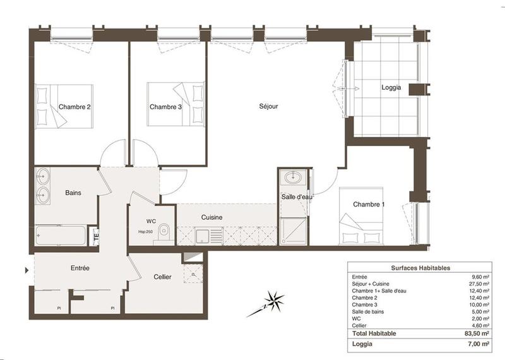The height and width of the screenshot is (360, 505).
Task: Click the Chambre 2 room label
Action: click(75, 107)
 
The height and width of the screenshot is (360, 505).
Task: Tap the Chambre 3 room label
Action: click(165, 107)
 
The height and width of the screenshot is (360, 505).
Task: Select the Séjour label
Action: click(268, 106)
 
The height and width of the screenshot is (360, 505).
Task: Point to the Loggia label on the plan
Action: click(391, 88)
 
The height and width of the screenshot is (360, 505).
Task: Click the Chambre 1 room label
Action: click(368, 204)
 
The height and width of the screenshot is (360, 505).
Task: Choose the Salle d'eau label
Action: click(297, 197)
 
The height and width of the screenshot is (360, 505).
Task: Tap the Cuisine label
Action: click(211, 217)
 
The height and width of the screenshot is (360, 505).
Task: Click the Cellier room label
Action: click(163, 277)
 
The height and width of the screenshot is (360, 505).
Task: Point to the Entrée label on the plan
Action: click(80, 268)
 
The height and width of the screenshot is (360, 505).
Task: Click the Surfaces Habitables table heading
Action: click(420, 268)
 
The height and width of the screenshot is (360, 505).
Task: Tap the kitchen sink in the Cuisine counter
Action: click(202, 236)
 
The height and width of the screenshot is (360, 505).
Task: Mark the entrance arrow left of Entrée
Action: click(26, 270)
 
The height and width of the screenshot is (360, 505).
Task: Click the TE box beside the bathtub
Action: click(96, 236)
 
